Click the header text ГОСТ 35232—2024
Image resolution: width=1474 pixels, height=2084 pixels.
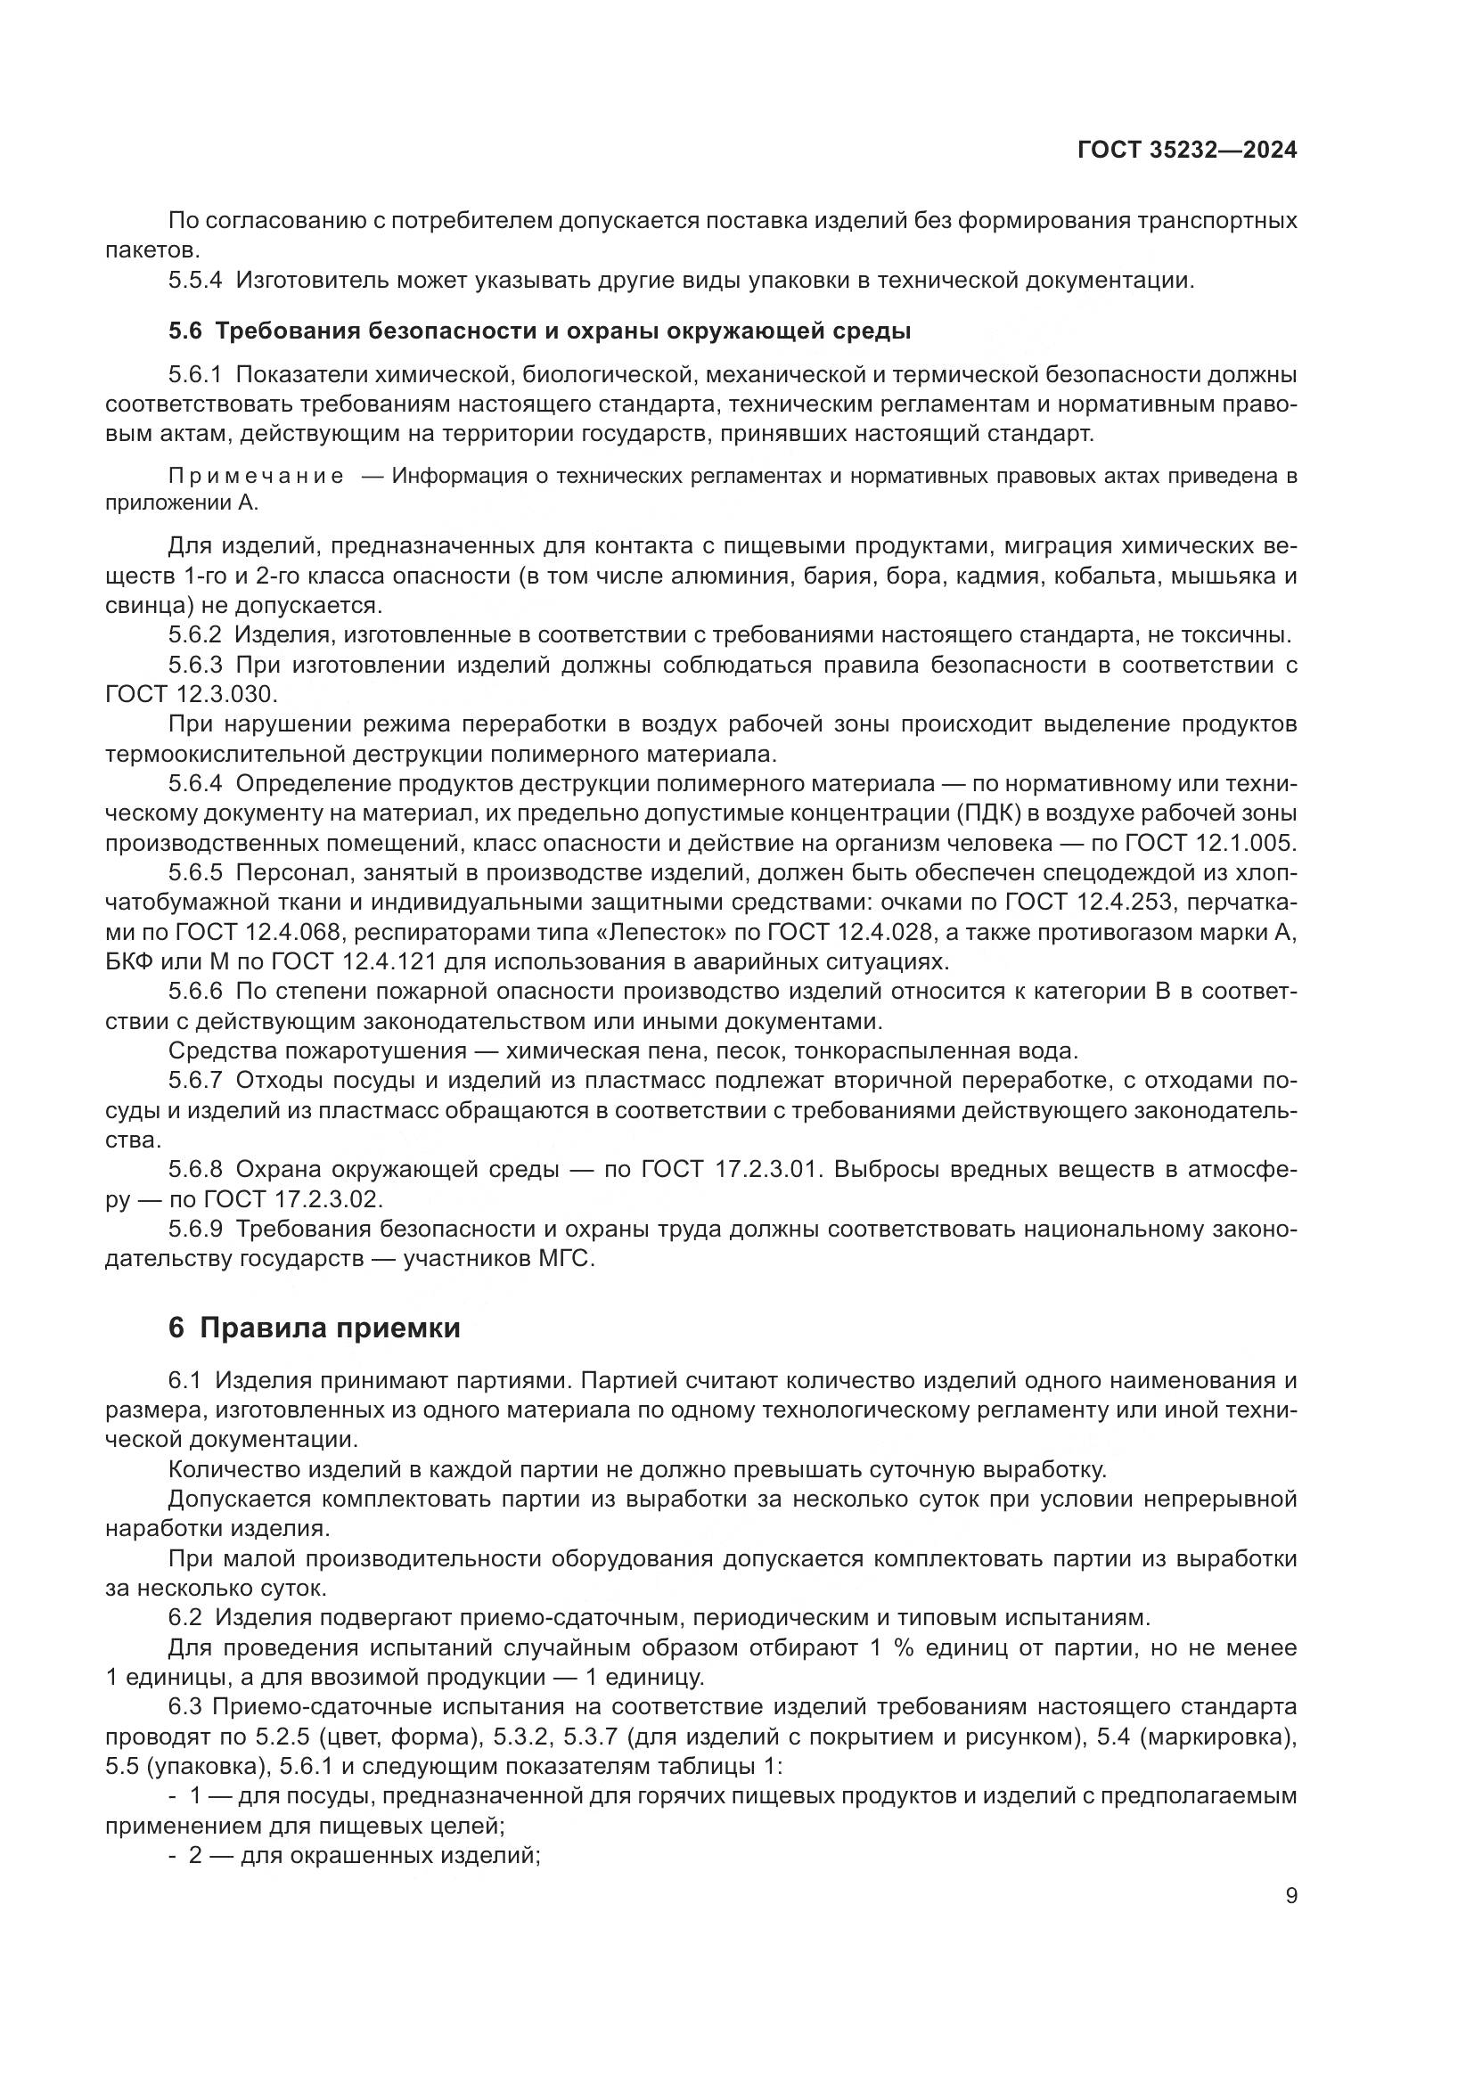(1186, 151)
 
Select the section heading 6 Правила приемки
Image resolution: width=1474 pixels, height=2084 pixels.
(314, 1328)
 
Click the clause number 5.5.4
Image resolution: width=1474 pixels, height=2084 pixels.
(195, 280)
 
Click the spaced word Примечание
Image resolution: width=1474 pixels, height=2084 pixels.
(256, 477)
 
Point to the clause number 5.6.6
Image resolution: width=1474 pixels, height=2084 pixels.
(195, 992)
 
